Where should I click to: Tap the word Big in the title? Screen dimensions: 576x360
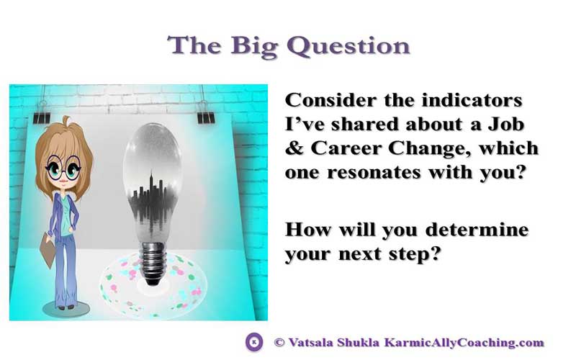click(254, 47)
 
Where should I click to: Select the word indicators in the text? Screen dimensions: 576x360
click(472, 100)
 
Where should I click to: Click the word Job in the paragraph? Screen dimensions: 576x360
click(506, 124)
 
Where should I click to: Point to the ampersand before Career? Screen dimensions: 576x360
click(294, 148)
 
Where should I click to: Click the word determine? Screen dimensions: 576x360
click(477, 230)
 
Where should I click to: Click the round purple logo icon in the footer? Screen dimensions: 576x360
click(254, 343)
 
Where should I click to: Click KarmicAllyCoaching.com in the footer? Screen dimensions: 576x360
click(464, 343)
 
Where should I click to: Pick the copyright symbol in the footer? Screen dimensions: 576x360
click(279, 343)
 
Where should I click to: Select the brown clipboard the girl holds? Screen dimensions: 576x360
click(48, 250)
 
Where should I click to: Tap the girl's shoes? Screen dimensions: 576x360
click(66, 307)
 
